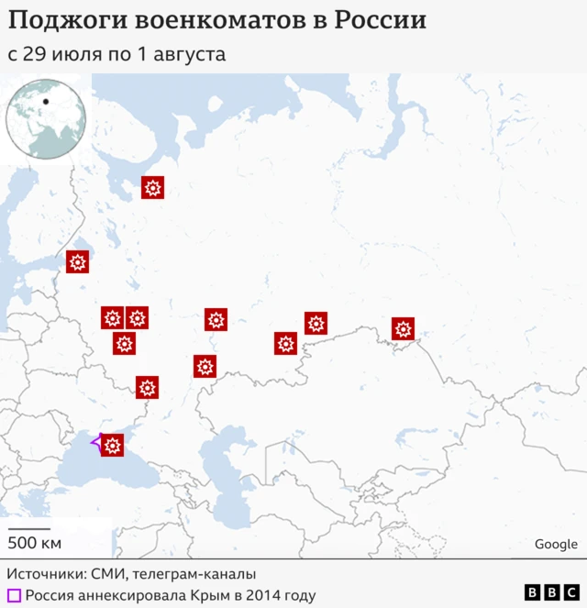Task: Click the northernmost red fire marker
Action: click(x=152, y=188)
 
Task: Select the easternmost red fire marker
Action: click(x=403, y=328)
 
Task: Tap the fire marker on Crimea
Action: click(x=112, y=446)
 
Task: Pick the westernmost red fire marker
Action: click(x=78, y=262)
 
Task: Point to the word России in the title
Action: click(x=380, y=20)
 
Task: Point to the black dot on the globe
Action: click(x=45, y=99)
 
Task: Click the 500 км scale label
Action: click(x=35, y=543)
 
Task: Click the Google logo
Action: click(x=556, y=544)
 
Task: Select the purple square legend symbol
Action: click(x=14, y=596)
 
